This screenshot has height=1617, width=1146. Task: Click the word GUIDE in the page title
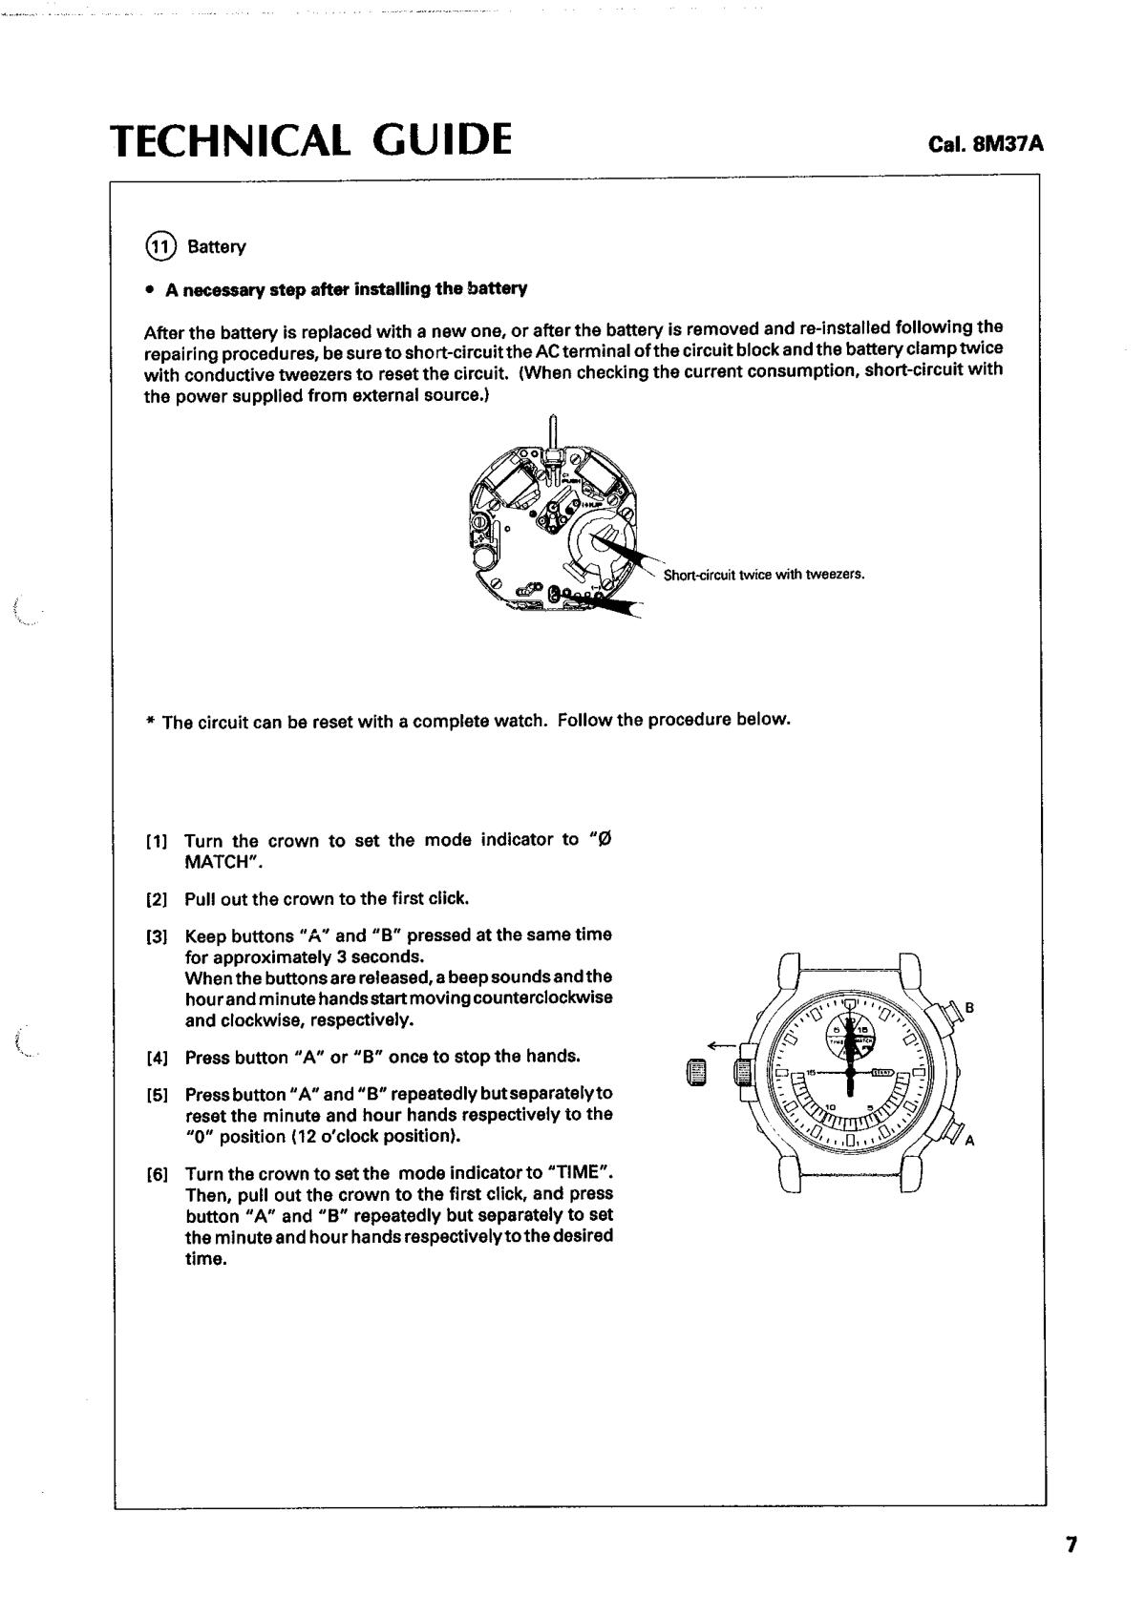pos(440,139)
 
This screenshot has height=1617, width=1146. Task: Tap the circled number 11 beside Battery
pos(159,246)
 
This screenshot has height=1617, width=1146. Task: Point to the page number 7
pos(1072,1544)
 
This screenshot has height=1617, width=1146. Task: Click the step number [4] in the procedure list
pos(158,1058)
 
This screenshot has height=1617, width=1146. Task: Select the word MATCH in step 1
pos(219,862)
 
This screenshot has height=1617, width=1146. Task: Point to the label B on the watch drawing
pos(969,1008)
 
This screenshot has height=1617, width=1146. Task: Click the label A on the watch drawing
pos(970,1140)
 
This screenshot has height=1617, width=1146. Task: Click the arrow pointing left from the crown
pos(722,1044)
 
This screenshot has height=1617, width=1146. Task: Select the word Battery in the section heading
pos(217,247)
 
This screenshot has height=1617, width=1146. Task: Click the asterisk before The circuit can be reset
pos(150,722)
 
